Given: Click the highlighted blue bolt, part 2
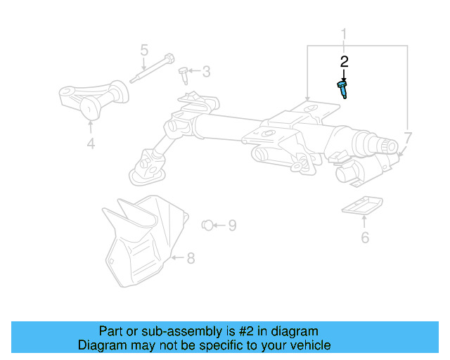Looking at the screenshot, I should click(342, 90).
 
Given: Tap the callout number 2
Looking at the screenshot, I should click(344, 62).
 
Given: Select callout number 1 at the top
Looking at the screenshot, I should click(345, 34).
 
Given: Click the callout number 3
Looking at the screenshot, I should click(206, 71).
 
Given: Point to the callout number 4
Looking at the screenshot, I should click(91, 145).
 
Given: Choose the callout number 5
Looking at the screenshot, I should click(144, 51).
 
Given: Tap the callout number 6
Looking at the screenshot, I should click(364, 237).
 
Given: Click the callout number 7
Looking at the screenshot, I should click(409, 138).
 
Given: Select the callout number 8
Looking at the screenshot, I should click(191, 259).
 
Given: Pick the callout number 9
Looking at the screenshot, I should click(231, 226).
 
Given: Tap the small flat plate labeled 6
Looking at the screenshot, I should click(362, 205).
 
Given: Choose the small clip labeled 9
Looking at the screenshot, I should click(207, 225).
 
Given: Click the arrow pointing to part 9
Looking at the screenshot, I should click(219, 226).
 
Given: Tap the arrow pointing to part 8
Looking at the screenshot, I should click(178, 258).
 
